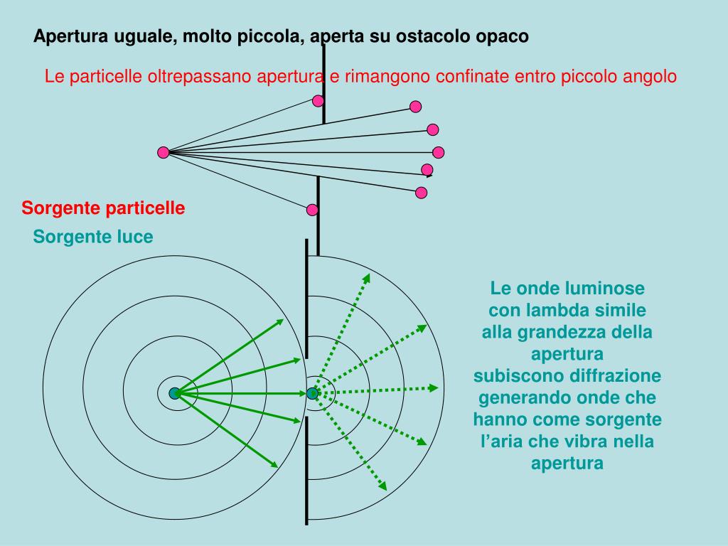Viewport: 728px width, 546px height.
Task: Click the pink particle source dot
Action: tap(164, 152)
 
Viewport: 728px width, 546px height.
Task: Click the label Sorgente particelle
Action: tap(103, 208)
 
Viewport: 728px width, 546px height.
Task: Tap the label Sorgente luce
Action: tap(92, 237)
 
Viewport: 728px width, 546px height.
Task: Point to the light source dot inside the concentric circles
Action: tap(174, 393)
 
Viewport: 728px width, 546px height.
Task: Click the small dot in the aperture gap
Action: tap(312, 393)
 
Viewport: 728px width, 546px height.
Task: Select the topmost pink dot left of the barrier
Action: tap(317, 101)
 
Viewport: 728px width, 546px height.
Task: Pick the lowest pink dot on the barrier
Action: tap(312, 210)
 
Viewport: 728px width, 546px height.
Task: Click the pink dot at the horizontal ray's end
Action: tap(439, 152)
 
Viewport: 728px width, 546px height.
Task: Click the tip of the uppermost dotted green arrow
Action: tap(368, 278)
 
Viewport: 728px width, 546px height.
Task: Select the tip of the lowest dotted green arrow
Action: tap(383, 487)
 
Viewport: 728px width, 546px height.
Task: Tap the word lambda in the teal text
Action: tap(552, 311)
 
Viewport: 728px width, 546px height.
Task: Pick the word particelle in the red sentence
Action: tap(107, 76)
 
